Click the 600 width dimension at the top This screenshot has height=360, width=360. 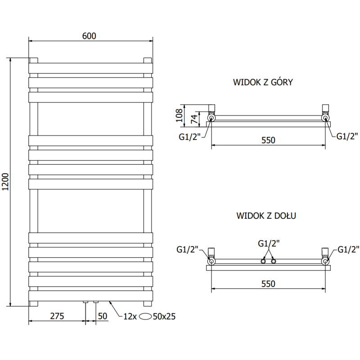point(89,36)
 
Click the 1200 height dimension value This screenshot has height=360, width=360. point(5,182)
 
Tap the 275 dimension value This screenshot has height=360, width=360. point(56,316)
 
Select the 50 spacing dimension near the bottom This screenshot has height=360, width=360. point(103,316)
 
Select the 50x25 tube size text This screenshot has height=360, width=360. point(165,316)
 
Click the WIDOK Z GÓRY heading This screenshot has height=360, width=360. point(263,82)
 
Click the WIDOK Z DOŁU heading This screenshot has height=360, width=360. point(266,216)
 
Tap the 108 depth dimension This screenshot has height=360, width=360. point(179,115)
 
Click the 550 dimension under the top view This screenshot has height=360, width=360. point(268,140)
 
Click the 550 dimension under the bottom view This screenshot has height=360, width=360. point(268,283)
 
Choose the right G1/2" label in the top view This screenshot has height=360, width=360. point(347,135)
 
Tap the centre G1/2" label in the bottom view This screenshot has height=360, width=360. point(269,243)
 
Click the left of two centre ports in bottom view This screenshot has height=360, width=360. point(264,261)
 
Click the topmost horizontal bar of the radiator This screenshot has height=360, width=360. point(91,68)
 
